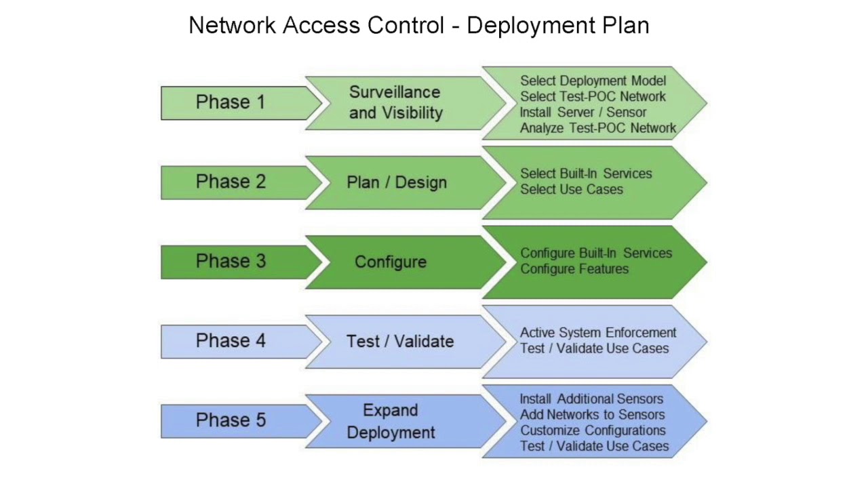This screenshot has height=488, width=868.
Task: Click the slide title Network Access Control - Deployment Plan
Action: point(418,26)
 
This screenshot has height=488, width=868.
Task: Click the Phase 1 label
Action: point(231,102)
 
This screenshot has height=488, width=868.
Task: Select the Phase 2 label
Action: point(231,182)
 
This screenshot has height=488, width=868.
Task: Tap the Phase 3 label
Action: point(231,262)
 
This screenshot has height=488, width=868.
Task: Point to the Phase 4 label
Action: point(231,341)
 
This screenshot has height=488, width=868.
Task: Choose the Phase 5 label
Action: point(231,420)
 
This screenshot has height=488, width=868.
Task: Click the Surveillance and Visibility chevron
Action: point(395,102)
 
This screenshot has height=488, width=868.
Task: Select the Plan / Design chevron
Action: point(397,182)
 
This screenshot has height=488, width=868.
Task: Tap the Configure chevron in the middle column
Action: point(391,262)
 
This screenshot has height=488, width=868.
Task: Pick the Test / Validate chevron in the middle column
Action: point(400,342)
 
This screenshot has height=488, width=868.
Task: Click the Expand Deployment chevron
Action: point(391,421)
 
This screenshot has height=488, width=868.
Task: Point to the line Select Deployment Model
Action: point(593,81)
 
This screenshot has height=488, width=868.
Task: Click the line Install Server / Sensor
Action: point(583,112)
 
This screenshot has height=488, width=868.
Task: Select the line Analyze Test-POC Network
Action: point(597,127)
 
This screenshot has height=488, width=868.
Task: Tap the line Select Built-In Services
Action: point(586,174)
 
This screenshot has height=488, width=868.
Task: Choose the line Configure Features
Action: point(574,269)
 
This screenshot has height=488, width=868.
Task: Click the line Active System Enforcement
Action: point(598,333)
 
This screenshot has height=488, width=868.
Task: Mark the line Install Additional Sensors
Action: point(591,399)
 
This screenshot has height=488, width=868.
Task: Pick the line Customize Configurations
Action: point(593,430)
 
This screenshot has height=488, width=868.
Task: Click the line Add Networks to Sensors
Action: point(592,415)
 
